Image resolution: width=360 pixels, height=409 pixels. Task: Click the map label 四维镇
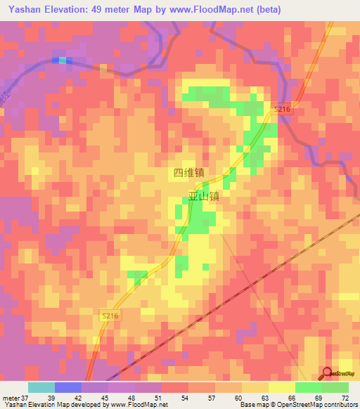pyautogui.click(x=188, y=171)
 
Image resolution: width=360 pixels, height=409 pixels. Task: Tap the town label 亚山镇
pyautogui.click(x=204, y=197)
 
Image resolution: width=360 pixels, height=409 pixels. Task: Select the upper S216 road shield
pyautogui.click(x=282, y=109)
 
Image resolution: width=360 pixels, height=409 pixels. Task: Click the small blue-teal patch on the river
pyautogui.click(x=63, y=60)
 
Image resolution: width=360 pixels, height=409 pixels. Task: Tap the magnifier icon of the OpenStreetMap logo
pyautogui.click(x=328, y=374)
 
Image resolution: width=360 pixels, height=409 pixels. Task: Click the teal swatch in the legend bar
pyautogui.click(x=41, y=387)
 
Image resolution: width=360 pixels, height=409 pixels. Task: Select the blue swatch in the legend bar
pyautogui.click(x=68, y=387)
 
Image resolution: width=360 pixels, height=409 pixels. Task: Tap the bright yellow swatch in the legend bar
pyautogui.click(x=282, y=387)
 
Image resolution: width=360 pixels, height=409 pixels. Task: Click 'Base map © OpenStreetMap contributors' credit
pyautogui.click(x=298, y=405)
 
